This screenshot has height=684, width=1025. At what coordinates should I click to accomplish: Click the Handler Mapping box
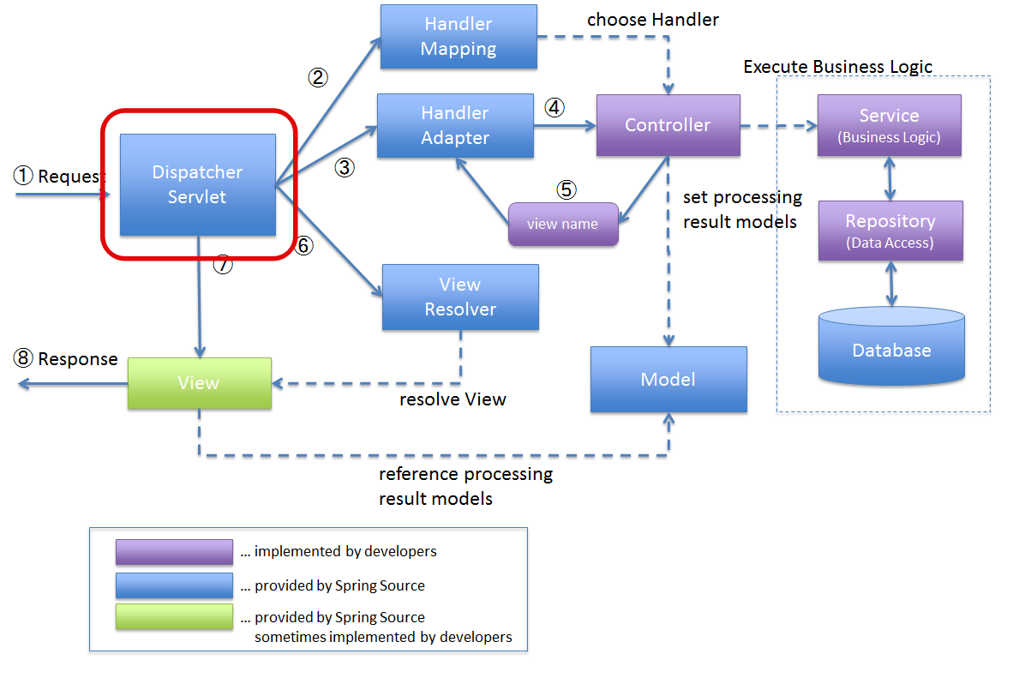click(459, 37)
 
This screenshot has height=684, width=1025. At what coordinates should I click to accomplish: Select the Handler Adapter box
click(456, 125)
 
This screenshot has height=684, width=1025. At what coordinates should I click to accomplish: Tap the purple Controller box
click(668, 125)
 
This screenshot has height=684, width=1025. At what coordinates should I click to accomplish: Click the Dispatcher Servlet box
click(198, 184)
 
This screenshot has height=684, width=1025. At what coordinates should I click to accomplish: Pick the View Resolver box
click(461, 297)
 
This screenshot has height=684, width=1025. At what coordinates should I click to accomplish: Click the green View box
click(200, 383)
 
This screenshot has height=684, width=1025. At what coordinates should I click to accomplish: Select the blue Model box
click(668, 379)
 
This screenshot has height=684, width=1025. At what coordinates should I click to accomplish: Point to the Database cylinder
click(891, 345)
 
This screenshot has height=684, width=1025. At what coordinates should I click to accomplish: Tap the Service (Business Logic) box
click(890, 125)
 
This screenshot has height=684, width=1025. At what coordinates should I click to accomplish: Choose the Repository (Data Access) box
click(890, 231)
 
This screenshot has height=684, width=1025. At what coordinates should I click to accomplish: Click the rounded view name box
click(563, 225)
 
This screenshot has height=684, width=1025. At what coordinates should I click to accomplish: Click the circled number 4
click(554, 107)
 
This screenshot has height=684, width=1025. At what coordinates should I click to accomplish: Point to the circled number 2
click(318, 78)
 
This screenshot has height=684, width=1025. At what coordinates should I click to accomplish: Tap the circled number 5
click(566, 189)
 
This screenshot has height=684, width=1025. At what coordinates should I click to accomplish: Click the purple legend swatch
click(174, 552)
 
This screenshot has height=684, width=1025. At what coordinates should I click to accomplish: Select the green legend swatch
click(174, 616)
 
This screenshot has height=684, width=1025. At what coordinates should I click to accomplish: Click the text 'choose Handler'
click(652, 20)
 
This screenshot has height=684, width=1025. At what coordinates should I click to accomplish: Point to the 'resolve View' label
click(453, 399)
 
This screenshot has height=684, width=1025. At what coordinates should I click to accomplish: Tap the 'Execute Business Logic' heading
click(837, 67)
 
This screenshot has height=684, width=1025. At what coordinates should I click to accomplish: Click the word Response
click(78, 359)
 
